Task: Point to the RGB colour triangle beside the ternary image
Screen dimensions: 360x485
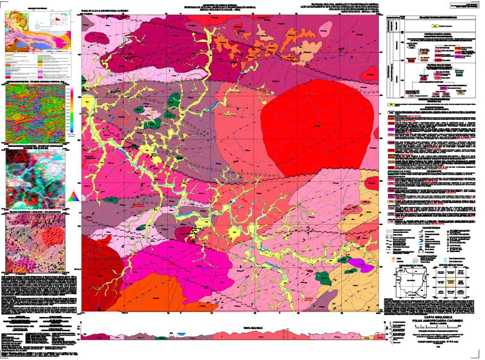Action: click(73, 195)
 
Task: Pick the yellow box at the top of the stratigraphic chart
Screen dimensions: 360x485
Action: click(434, 26)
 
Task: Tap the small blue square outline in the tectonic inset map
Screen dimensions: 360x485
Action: click(38, 26)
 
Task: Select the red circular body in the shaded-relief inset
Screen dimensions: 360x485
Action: click(53, 233)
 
